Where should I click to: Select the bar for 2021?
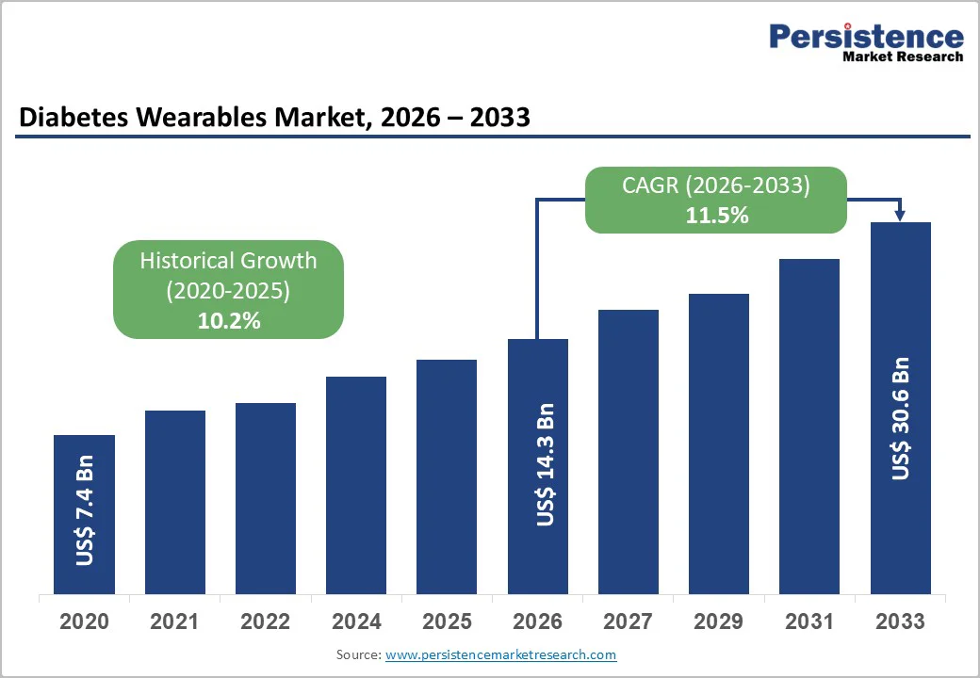coord(174,501)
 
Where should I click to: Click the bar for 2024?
coord(356,484)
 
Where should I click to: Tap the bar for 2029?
coord(718,443)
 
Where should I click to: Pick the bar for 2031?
coord(808,426)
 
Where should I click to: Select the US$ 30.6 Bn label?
coord(901,418)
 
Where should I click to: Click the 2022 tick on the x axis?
coord(266,621)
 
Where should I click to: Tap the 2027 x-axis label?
coord(628,621)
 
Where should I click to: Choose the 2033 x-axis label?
coord(900,621)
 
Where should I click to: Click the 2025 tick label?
coord(447,621)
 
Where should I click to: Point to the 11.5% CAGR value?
coord(716,215)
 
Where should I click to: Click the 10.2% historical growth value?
coord(228,321)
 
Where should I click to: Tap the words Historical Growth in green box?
coord(228,261)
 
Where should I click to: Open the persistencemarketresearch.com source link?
coord(500,654)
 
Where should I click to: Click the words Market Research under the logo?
coord(902,56)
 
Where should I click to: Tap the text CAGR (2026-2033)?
coord(716,186)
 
